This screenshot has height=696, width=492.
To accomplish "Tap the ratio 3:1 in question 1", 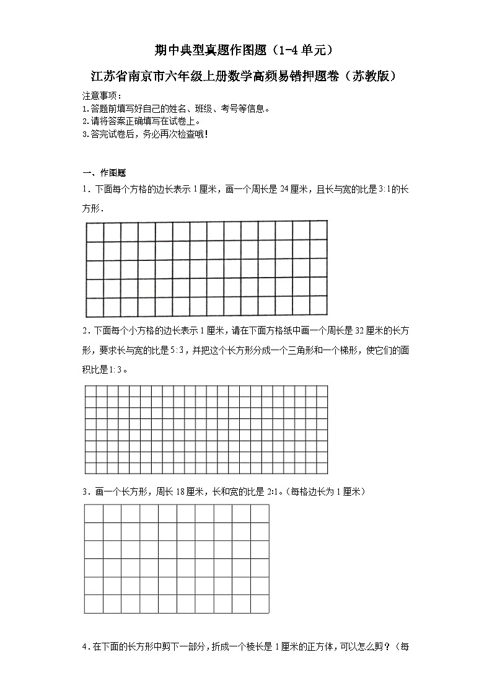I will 385,190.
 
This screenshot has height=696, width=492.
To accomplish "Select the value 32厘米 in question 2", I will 371,330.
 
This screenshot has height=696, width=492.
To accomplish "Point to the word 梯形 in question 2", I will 346,350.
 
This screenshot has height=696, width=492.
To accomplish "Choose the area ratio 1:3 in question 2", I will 116,370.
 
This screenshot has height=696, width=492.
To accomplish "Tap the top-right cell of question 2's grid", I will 322,391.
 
